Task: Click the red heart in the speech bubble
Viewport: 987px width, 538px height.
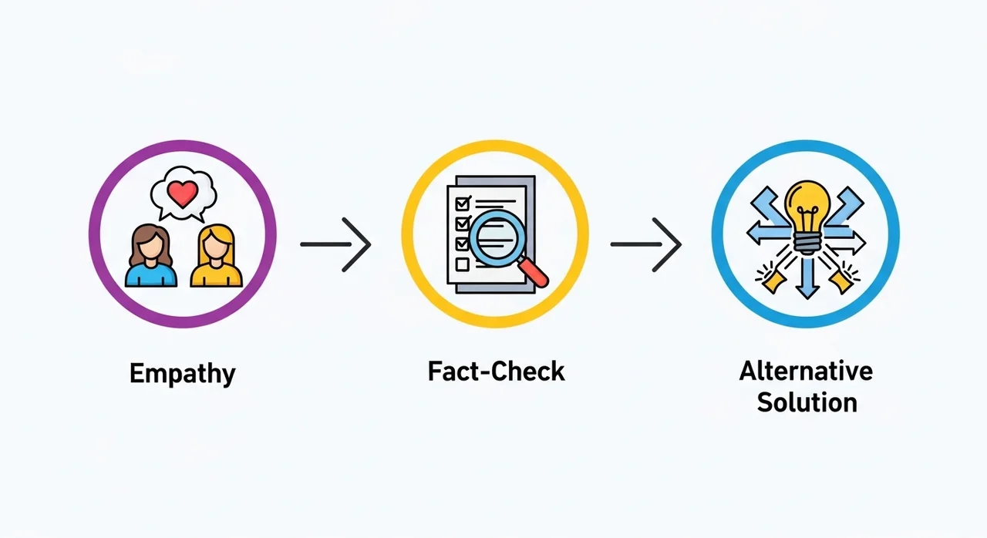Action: tap(183, 193)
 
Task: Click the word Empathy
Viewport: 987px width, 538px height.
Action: tap(182, 374)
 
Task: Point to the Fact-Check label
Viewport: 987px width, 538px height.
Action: tap(496, 372)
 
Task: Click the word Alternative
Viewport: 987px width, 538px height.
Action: tap(806, 371)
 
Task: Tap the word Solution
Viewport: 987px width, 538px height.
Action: tap(807, 402)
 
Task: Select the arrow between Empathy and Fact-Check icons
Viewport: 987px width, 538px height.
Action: tap(336, 244)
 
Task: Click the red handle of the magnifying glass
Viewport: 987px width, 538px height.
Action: tap(534, 273)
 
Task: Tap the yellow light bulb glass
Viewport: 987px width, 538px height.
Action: tap(806, 203)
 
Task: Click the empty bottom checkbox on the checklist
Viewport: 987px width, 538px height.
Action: tap(463, 264)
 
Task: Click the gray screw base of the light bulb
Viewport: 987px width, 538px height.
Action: tap(806, 244)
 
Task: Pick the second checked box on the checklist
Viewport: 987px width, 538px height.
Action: tap(463, 224)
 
